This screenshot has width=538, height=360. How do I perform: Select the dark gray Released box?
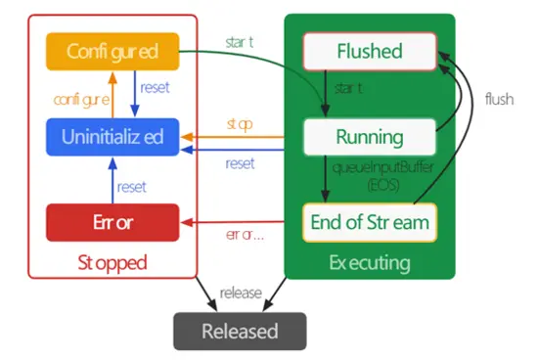(x=240, y=331)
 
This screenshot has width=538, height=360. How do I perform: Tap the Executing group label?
(x=370, y=263)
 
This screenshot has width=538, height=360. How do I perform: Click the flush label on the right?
(x=499, y=99)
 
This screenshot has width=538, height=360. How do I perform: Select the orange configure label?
(x=80, y=95)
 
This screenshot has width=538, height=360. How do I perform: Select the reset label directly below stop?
(x=240, y=163)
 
